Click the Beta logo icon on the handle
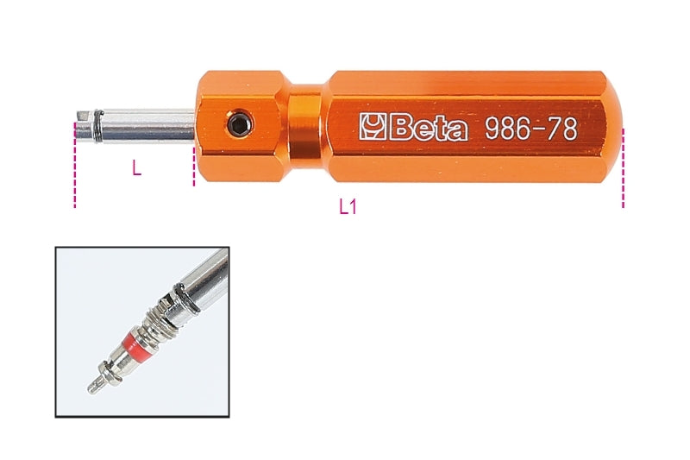(373, 129)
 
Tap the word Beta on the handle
(427, 129)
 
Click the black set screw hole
(238, 127)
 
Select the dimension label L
(136, 169)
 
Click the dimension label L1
(348, 207)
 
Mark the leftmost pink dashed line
(75, 173)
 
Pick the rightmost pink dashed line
(623, 168)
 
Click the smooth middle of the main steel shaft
(151, 125)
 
